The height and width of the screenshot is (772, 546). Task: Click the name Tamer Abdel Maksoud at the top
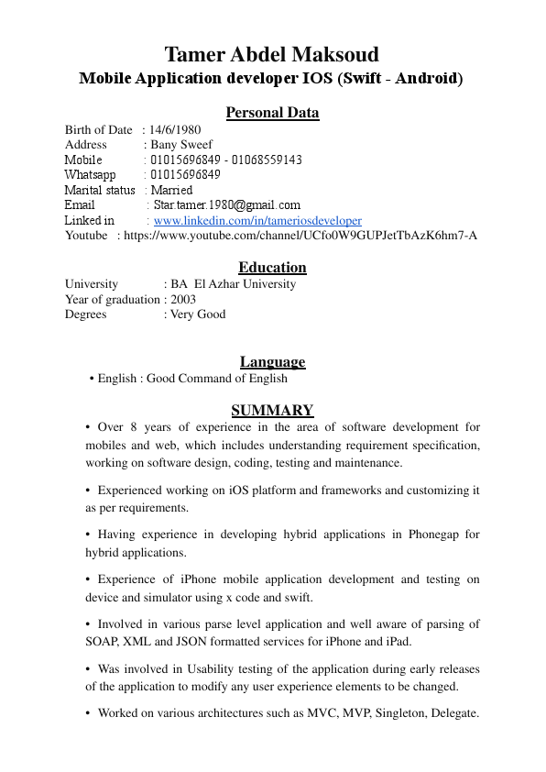pos(271,54)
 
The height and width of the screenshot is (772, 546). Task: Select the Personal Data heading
pos(272,113)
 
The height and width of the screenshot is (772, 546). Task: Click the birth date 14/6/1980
pos(175,130)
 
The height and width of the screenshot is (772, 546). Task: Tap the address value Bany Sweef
pos(181,145)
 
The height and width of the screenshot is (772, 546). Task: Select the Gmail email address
pos(226,205)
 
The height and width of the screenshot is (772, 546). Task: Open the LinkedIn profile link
pos(257,221)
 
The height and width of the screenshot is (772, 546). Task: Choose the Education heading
pos(272,268)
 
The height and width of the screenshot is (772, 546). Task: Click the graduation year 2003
pos(183,299)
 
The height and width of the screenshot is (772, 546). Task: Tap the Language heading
pos(272,362)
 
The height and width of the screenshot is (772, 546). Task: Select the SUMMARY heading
pos(272,411)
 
